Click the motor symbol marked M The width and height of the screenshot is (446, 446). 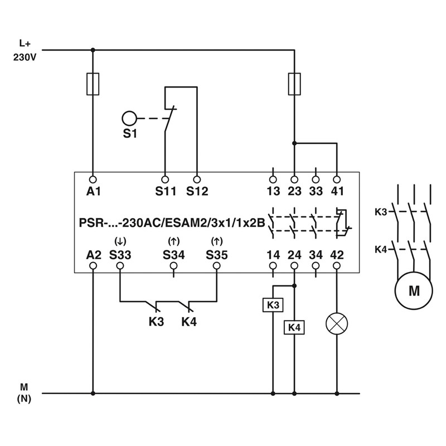pyautogui.click(x=414, y=290)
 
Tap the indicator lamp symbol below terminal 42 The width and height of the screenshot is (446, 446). pyautogui.click(x=337, y=323)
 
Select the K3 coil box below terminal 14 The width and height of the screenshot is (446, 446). pyautogui.click(x=273, y=305)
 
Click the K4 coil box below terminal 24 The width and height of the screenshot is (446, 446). pyautogui.click(x=294, y=328)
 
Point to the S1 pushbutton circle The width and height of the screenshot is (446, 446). pyautogui.click(x=129, y=118)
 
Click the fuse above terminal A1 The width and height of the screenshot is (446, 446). pyautogui.click(x=93, y=84)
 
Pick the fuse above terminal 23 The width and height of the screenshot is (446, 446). pyautogui.click(x=294, y=84)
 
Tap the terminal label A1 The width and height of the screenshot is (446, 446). pyautogui.click(x=93, y=192)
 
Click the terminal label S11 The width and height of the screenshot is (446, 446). pyautogui.click(x=166, y=192)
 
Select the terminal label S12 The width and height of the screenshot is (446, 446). pyautogui.click(x=197, y=192)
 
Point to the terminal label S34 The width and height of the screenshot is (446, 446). pyautogui.click(x=173, y=255)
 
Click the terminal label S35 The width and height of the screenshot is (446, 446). pyautogui.click(x=217, y=255)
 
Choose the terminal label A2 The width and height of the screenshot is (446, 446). pyautogui.click(x=93, y=255)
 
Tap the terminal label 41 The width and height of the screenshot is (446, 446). pyautogui.click(x=337, y=192)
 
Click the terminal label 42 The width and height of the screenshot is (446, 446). pyautogui.click(x=337, y=255)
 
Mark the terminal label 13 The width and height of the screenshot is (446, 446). pyautogui.click(x=273, y=192)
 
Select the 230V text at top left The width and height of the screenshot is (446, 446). pyautogui.click(x=25, y=56)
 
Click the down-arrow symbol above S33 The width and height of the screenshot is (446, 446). pyautogui.click(x=120, y=242)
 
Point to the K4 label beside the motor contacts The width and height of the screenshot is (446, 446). pyautogui.click(x=381, y=249)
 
